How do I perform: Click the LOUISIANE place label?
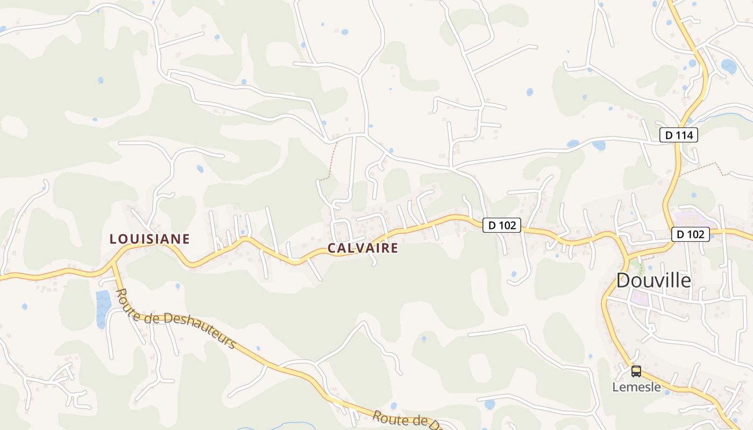coord(150,239)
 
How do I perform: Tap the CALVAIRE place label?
coord(363,248)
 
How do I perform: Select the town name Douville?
coord(653,280)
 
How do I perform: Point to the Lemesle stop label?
coord(636,387)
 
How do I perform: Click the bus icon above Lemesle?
coord(636,371)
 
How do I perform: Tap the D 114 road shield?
coord(679,135)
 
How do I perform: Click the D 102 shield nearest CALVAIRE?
coord(502,225)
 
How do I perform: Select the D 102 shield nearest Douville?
coord(691,234)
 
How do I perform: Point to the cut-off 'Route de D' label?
coord(406,421)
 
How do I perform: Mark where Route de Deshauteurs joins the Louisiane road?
coord(113,264)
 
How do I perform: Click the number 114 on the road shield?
coord(684,135)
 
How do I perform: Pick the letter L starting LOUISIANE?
coord(113,239)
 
